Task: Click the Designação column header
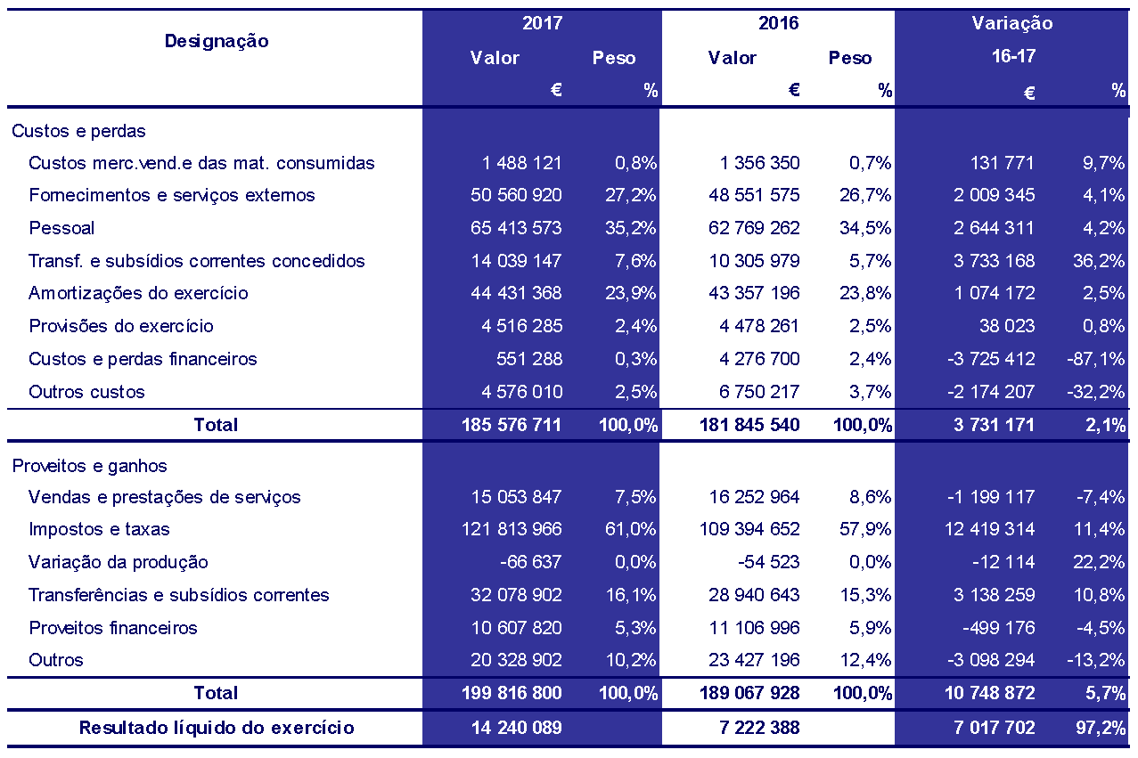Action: tap(217, 42)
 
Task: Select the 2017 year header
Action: tap(542, 23)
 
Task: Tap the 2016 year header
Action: tap(778, 23)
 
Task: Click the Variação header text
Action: tap(1012, 23)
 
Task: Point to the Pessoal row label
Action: tap(61, 228)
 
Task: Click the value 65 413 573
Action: tap(516, 228)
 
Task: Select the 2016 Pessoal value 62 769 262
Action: tap(754, 228)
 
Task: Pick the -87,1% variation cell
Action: tap(1096, 359)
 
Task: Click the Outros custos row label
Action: tap(86, 392)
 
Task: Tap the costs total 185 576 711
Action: tap(512, 425)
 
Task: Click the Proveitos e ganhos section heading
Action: tap(89, 466)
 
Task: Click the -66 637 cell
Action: tap(530, 562)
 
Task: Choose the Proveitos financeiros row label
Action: tap(113, 628)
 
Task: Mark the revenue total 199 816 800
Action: tap(512, 693)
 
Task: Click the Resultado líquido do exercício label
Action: tap(217, 728)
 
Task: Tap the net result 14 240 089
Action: tap(516, 728)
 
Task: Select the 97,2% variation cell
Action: tap(1100, 728)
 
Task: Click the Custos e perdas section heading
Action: tap(78, 131)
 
